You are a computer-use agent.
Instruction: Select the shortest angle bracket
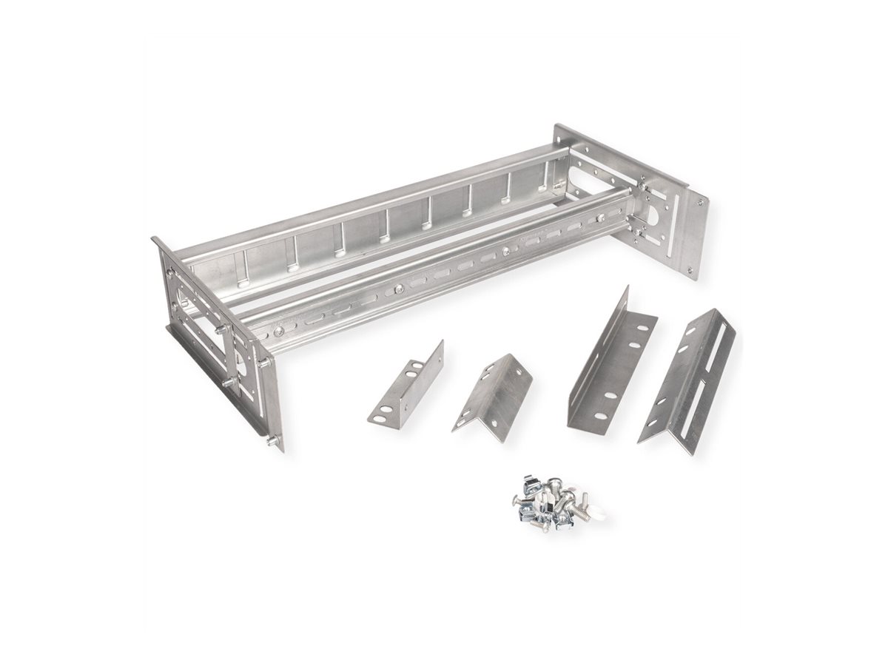(405, 385)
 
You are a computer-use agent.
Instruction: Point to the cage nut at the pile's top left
(530, 482)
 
